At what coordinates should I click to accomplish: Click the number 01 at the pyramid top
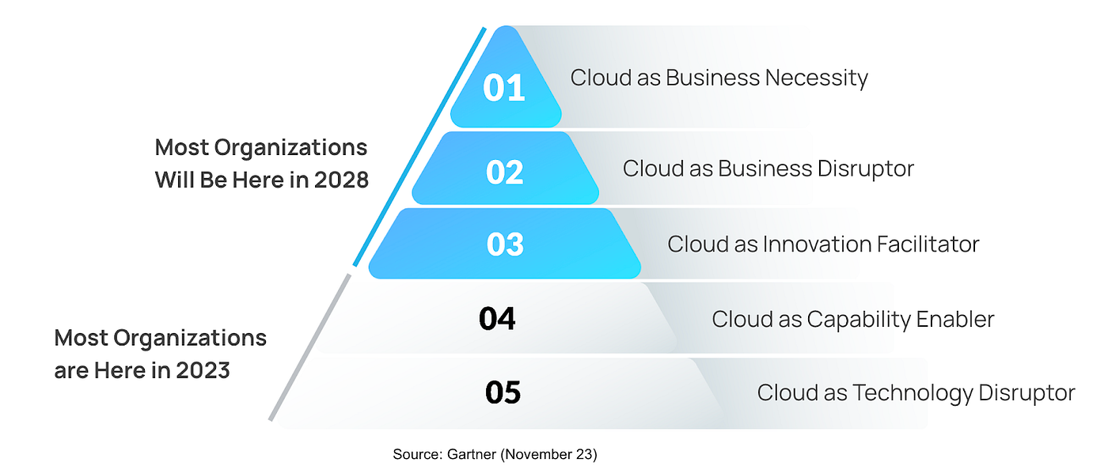pos(504,88)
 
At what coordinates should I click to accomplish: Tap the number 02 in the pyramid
pos(505,172)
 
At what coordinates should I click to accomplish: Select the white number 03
pos(505,244)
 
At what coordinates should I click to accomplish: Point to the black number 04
pos(497,319)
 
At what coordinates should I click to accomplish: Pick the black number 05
pos(503,392)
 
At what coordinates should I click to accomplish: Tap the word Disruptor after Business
pos(865,169)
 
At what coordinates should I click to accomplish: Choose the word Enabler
pos(955,319)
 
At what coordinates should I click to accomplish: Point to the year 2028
pos(341,180)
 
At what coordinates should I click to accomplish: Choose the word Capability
pos(858,320)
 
